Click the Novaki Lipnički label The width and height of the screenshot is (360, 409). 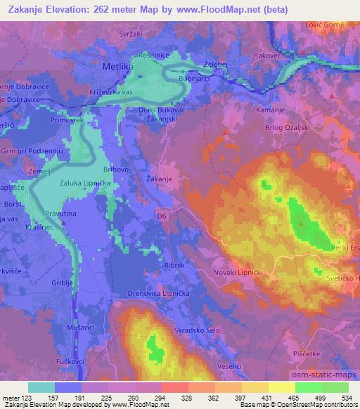tap(238, 271)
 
